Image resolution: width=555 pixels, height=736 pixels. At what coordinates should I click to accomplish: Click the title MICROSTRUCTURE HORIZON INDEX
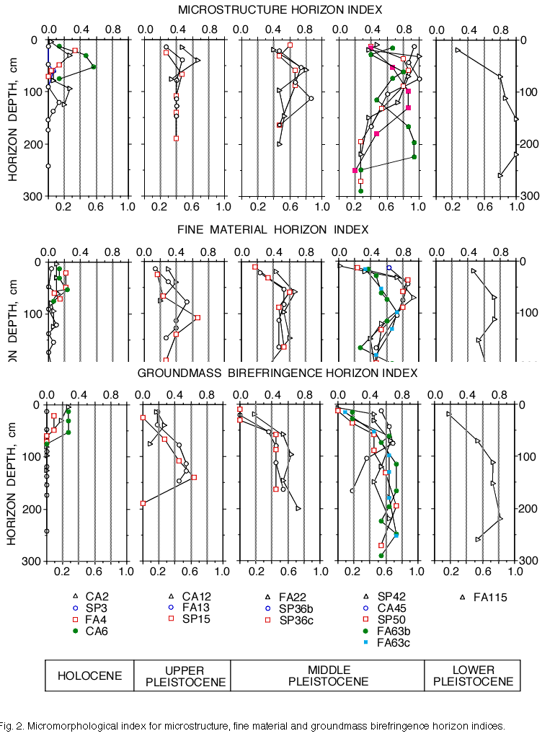pyautogui.click(x=280, y=9)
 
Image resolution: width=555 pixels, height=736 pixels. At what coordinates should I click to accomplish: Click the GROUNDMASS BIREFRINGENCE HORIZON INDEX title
pyautogui.click(x=277, y=373)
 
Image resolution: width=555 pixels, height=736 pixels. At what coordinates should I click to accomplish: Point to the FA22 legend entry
pyautogui.click(x=293, y=597)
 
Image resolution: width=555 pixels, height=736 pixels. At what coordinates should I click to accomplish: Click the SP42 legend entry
pyautogui.click(x=390, y=597)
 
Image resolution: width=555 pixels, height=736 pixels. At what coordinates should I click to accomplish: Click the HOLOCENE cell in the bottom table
pyautogui.click(x=89, y=675)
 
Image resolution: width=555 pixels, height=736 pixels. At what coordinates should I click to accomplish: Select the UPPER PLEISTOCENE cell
pyautogui.click(x=182, y=675)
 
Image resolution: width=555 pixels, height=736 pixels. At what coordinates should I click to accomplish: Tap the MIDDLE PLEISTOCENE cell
pyautogui.click(x=327, y=675)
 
